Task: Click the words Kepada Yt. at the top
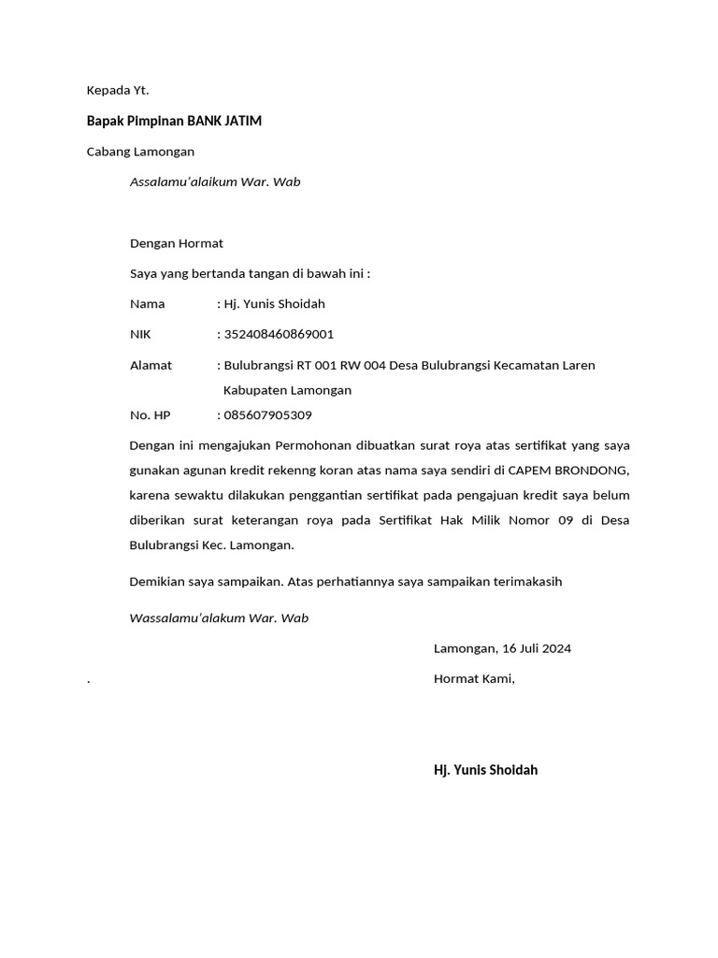pyautogui.click(x=118, y=91)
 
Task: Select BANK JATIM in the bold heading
pyautogui.click(x=224, y=121)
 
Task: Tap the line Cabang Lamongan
pyautogui.click(x=140, y=152)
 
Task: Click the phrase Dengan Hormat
pyautogui.click(x=176, y=243)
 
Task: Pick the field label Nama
pyautogui.click(x=147, y=303)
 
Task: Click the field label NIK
pyautogui.click(x=140, y=334)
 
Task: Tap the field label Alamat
pyautogui.click(x=151, y=365)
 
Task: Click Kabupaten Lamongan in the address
pyautogui.click(x=287, y=390)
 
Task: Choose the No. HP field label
pyautogui.click(x=150, y=414)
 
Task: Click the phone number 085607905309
pyautogui.click(x=267, y=414)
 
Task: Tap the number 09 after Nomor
pyautogui.click(x=563, y=519)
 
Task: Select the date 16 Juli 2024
pyautogui.click(x=537, y=648)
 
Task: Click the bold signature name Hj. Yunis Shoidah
pyautogui.click(x=485, y=770)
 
